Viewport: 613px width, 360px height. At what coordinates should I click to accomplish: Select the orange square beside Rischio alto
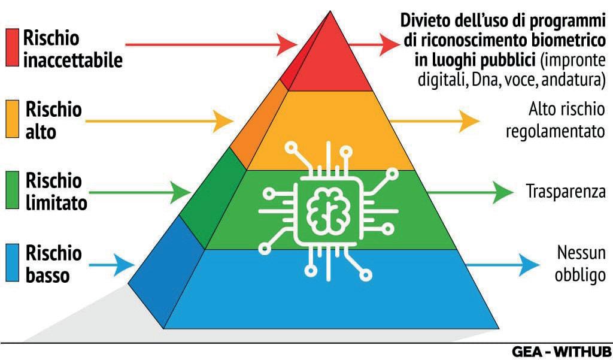[13, 119]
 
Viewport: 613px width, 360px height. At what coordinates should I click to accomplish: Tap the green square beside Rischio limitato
[13, 191]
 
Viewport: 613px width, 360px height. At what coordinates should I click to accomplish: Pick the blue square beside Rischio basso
[13, 262]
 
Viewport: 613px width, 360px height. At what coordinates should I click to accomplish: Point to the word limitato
[57, 203]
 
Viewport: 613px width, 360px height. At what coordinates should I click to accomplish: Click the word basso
[48, 276]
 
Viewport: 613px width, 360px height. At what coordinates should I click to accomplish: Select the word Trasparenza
[566, 192]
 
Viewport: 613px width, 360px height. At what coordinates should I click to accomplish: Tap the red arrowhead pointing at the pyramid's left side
[289, 43]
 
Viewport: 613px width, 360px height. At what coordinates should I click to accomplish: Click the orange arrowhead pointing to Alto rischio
[469, 122]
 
